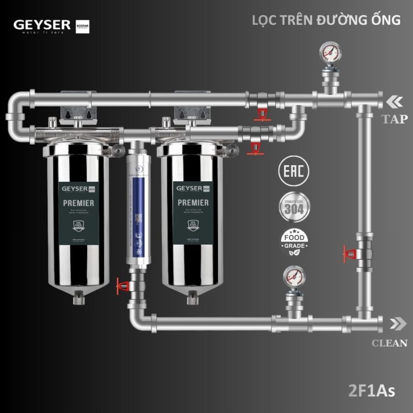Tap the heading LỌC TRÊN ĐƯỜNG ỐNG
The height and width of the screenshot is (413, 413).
click(x=326, y=21)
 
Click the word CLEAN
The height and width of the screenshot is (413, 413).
click(x=390, y=343)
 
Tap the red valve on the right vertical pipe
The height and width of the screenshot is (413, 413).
click(x=351, y=254)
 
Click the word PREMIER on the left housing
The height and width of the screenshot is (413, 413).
click(x=78, y=203)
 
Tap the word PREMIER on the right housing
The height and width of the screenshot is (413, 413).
click(x=193, y=203)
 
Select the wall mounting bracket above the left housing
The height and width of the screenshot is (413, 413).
click(x=76, y=110)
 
